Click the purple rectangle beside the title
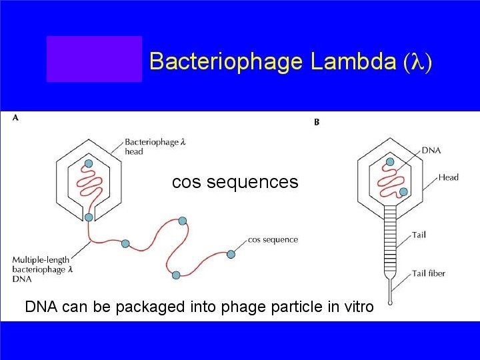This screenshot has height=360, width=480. [94, 59]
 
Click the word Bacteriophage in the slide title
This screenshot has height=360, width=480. [227, 61]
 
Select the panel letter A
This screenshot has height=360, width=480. [15, 118]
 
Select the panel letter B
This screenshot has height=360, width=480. [316, 122]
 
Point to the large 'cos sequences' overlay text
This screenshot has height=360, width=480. [235, 181]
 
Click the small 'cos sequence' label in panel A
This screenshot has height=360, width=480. [273, 239]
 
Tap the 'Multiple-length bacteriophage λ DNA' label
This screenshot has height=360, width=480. [39, 269]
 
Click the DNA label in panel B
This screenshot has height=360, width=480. [431, 151]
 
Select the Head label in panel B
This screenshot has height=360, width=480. [448, 177]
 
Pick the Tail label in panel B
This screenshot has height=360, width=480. [419, 235]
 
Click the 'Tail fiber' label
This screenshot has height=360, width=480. [428, 273]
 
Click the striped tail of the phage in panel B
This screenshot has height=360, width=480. [390, 241]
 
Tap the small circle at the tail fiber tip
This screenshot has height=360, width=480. [391, 291]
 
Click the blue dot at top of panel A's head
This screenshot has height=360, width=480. [88, 164]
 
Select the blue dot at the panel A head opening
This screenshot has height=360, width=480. [89, 217]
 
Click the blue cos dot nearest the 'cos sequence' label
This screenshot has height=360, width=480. [231, 254]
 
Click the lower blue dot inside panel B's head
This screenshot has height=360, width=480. [403, 192]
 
